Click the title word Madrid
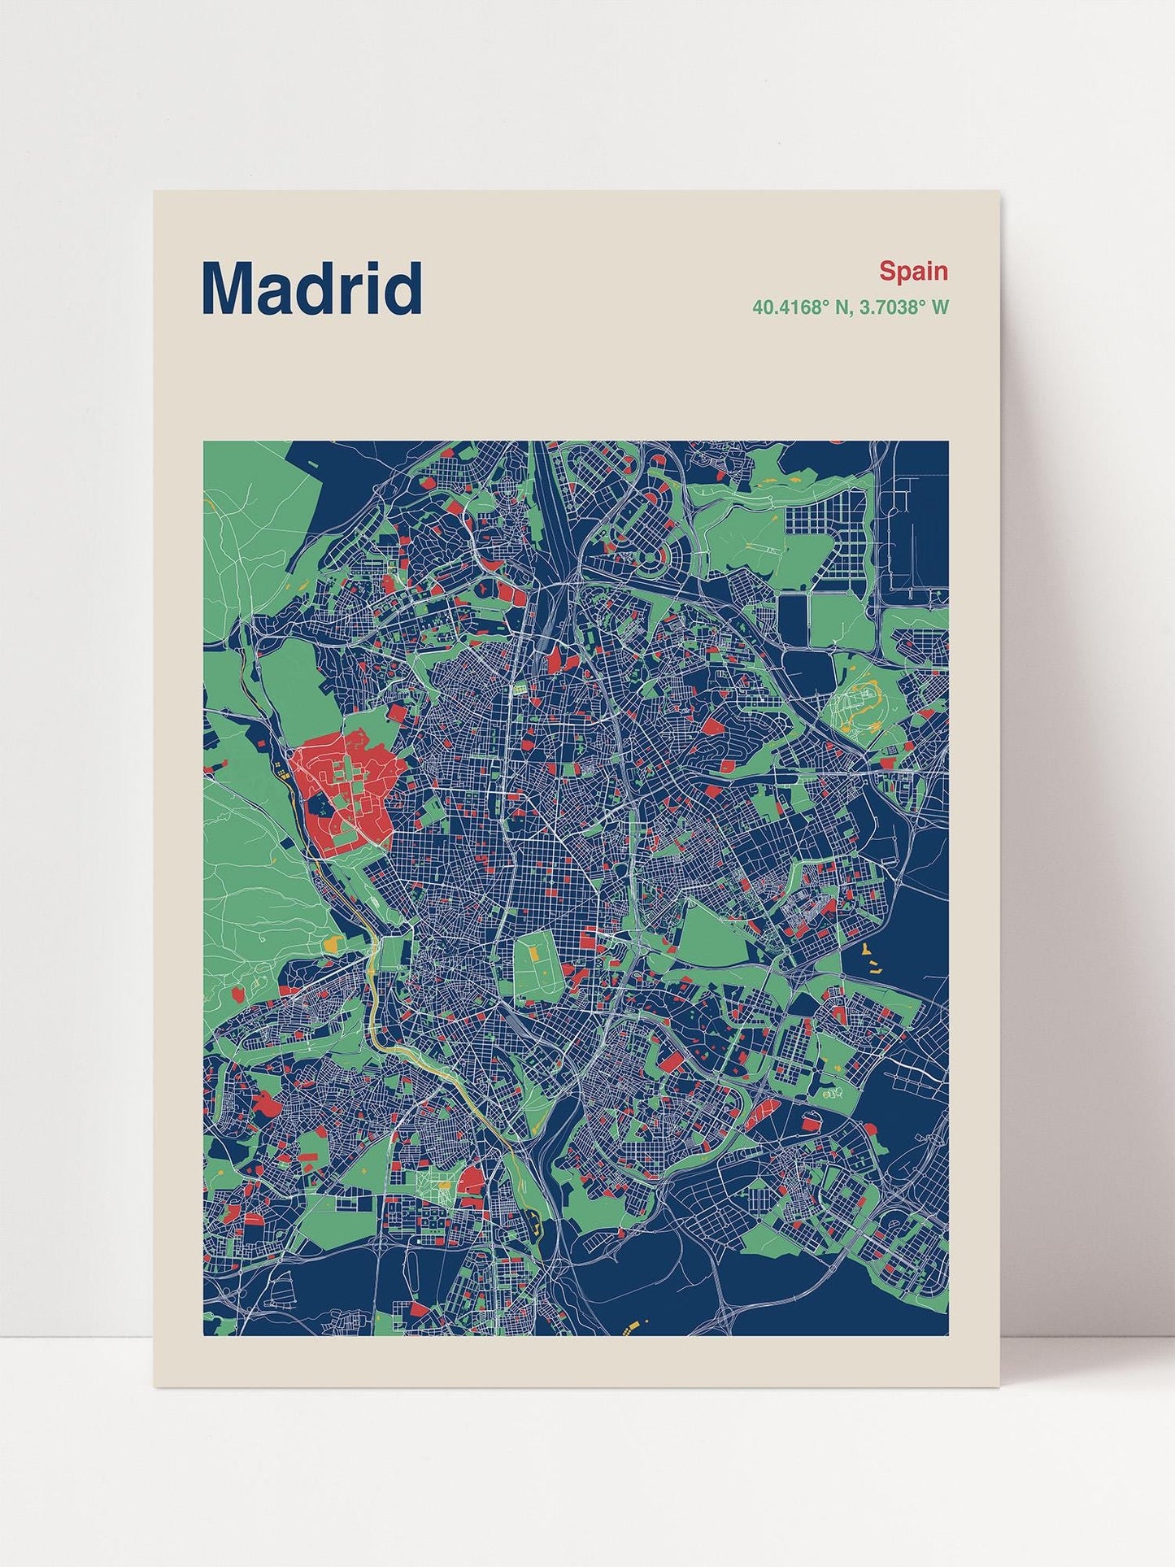(x=311, y=288)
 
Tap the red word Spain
(x=913, y=271)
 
